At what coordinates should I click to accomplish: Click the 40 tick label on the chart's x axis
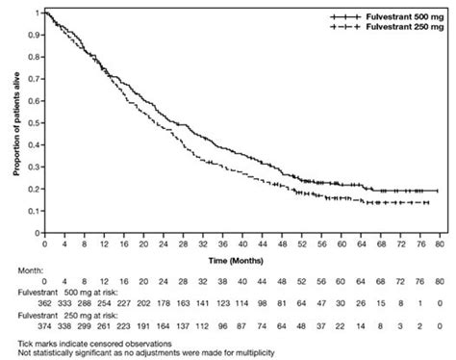(x=241, y=234)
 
